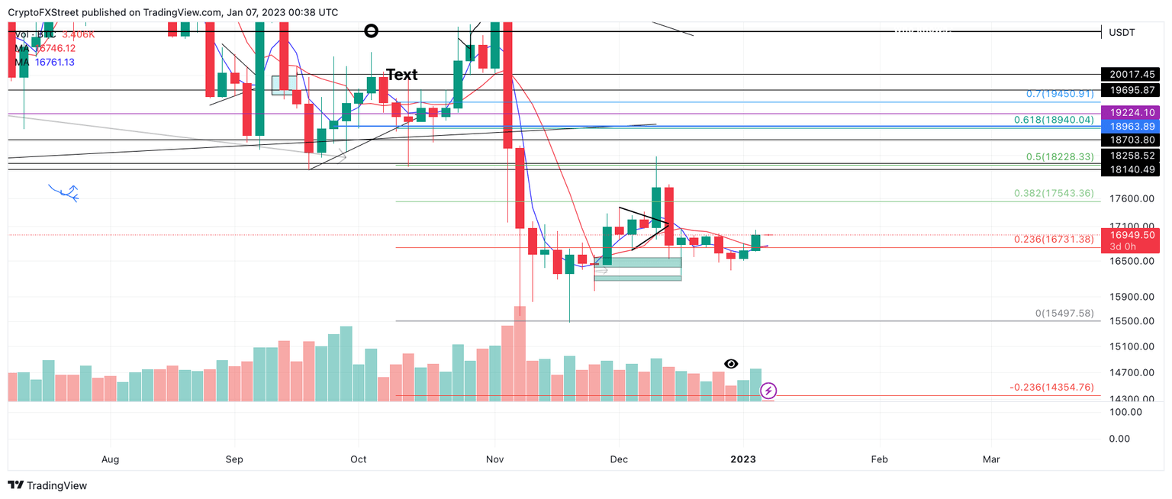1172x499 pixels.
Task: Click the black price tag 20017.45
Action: click(x=1130, y=75)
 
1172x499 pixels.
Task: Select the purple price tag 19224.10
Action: click(x=1130, y=113)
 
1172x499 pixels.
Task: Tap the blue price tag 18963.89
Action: click(x=1130, y=126)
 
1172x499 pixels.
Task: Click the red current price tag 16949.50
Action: click(x=1130, y=235)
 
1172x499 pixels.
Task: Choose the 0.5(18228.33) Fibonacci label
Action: click(x=1060, y=157)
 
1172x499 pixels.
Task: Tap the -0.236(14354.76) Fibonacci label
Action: click(x=1051, y=388)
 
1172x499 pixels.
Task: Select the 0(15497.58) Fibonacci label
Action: click(x=1064, y=314)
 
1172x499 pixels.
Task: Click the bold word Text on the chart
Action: click(x=401, y=75)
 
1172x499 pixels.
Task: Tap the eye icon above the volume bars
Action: click(x=731, y=364)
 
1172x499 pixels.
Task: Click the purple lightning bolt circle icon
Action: click(x=768, y=391)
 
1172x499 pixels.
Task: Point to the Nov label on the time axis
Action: click(x=495, y=459)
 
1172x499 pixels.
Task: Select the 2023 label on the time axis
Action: click(x=743, y=459)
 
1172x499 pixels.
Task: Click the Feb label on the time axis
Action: click(x=879, y=459)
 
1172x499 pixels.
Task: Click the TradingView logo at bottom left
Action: click(x=47, y=485)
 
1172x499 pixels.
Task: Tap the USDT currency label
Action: click(x=1122, y=32)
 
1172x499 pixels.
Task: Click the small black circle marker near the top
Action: click(x=371, y=31)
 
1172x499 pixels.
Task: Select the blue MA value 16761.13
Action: click(x=55, y=62)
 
